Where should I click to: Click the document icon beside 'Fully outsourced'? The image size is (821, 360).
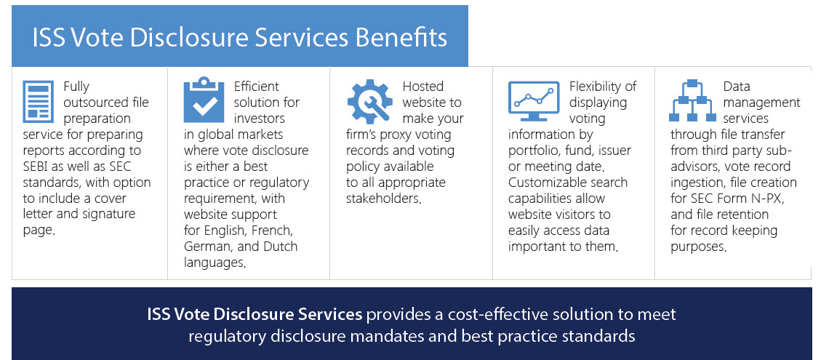pos(39,101)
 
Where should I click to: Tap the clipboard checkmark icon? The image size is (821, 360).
pos(204,100)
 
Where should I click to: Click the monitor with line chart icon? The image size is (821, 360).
pos(534,100)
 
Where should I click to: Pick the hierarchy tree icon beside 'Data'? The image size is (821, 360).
pos(692,100)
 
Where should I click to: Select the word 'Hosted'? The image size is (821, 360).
pos(423,87)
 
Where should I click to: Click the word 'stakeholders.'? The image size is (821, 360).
pos(384,199)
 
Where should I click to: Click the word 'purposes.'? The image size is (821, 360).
pos(699,247)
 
